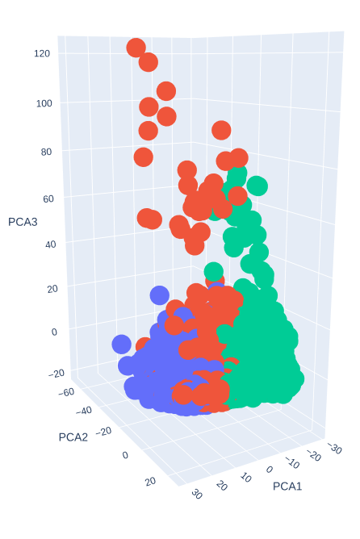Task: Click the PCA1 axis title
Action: (x=290, y=486)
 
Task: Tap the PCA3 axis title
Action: (x=23, y=221)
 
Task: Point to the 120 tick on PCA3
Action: (x=42, y=53)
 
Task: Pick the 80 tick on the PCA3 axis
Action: (x=44, y=152)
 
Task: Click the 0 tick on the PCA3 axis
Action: (x=54, y=331)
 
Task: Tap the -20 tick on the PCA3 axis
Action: (x=56, y=373)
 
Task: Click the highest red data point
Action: (x=136, y=48)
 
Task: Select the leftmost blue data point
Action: (x=121, y=345)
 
